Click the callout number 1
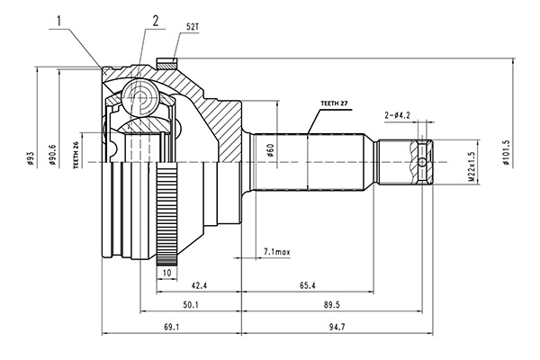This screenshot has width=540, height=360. pyautogui.click(x=59, y=22)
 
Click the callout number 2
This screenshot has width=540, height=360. pyautogui.click(x=156, y=22)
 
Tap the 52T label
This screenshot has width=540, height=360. pyautogui.click(x=193, y=27)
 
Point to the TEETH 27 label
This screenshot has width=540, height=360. pyautogui.click(x=334, y=103)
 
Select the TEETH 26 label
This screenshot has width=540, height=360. pyautogui.click(x=76, y=155)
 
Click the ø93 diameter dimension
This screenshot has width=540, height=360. pyautogui.click(x=31, y=158)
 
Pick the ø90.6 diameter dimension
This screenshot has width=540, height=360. pyautogui.click(x=52, y=154)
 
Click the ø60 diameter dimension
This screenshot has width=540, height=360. pyautogui.click(x=270, y=150)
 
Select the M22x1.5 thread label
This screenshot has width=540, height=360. pyautogui.click(x=472, y=166)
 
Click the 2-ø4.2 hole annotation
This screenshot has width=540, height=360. pyautogui.click(x=397, y=115)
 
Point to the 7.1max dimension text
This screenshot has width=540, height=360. pyautogui.click(x=277, y=252)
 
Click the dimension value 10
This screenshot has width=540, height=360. pyautogui.click(x=166, y=273)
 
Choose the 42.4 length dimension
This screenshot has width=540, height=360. pyautogui.click(x=199, y=285)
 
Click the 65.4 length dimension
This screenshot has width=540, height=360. pyautogui.click(x=308, y=285)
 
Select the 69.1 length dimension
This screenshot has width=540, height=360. pyautogui.click(x=171, y=327)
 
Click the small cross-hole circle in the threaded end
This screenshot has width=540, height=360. pyautogui.click(x=422, y=162)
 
